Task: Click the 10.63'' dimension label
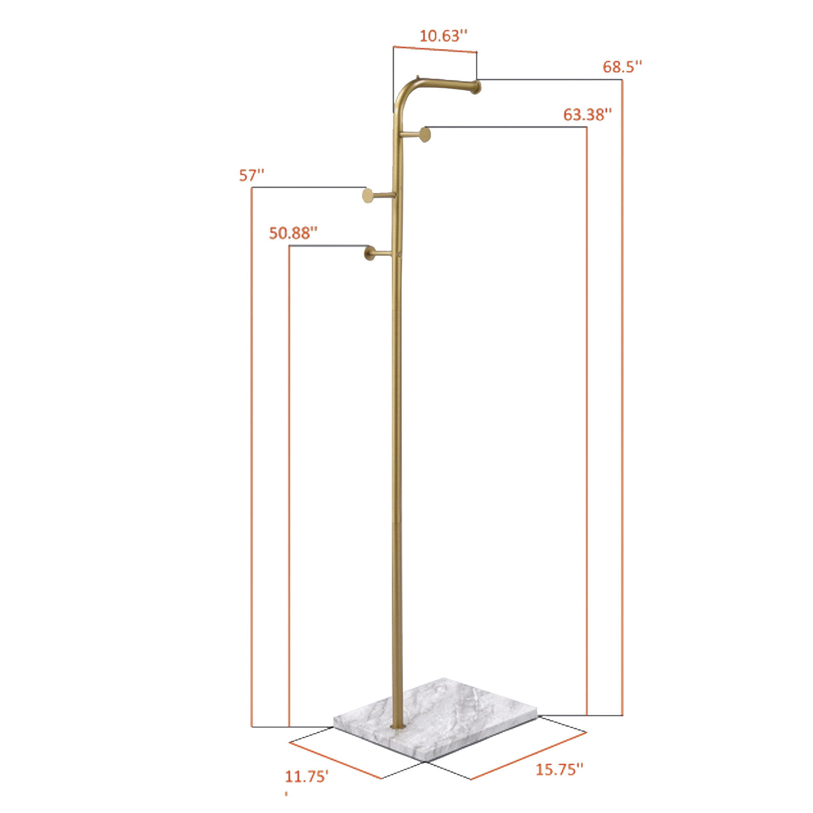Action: pos(443,36)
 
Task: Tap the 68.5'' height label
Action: pos(622,67)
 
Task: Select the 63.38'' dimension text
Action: pos(587,115)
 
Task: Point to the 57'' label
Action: pos(251,175)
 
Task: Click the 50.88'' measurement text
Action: pos(293,233)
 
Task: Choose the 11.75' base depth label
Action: pos(307,776)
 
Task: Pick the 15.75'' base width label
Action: pos(559,769)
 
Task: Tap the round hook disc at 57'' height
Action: pos(368,196)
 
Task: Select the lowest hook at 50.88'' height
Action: pos(370,253)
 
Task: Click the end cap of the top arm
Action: pos(476,87)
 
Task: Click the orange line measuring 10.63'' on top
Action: pos(435,49)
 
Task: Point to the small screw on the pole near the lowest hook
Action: pos(399,254)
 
